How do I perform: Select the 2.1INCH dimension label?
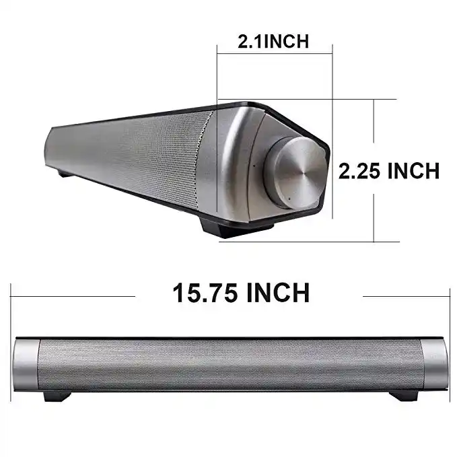(273, 40)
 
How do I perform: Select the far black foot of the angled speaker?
(63, 174)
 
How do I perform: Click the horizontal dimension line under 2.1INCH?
(275, 53)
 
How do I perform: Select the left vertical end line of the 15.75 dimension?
(11, 310)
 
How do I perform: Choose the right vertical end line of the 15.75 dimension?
(449, 310)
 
